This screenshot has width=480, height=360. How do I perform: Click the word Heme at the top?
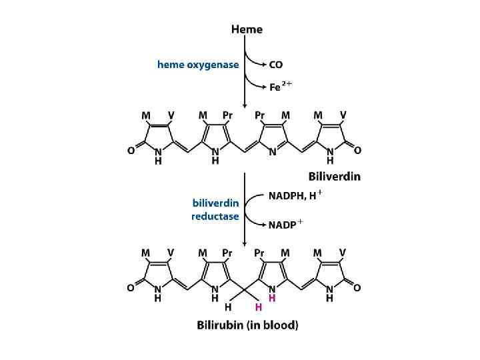click(x=247, y=29)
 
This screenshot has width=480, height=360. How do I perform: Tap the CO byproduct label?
click(x=275, y=65)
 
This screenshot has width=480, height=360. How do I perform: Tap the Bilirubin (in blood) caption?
click(x=247, y=325)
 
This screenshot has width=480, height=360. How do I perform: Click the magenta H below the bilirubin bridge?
click(x=258, y=307)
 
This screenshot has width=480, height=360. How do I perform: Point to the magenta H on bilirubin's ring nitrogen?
click(x=272, y=299)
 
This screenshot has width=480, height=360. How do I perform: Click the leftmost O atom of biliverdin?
click(x=131, y=151)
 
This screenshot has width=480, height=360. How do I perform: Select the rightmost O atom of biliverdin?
click(x=358, y=151)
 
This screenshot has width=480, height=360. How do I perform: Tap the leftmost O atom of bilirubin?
click(x=131, y=289)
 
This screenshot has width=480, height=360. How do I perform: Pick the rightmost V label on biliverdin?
click(x=343, y=115)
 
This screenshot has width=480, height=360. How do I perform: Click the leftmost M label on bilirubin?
click(x=146, y=253)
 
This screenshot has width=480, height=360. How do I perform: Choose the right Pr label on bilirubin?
click(x=260, y=253)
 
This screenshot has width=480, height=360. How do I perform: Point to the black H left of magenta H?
click(x=228, y=307)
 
